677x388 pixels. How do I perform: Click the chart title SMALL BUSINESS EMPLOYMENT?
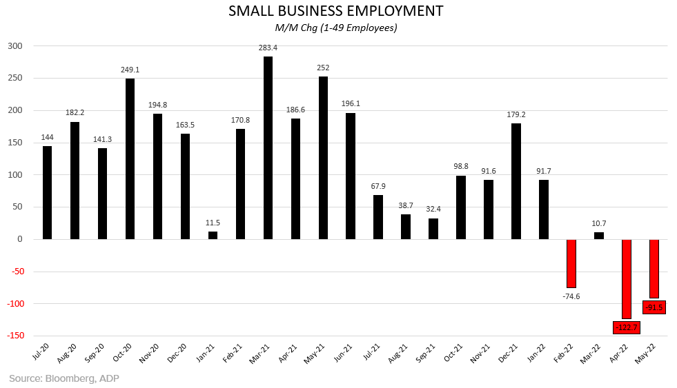pyautogui.click(x=337, y=12)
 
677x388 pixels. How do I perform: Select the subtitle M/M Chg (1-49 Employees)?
pyautogui.click(x=337, y=28)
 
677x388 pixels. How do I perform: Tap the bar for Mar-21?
pyautogui.click(x=268, y=147)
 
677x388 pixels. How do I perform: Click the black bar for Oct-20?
pyautogui.click(x=130, y=159)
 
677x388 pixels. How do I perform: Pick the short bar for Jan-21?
pyautogui.click(x=213, y=235)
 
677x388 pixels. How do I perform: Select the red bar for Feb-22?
pyautogui.click(x=571, y=263)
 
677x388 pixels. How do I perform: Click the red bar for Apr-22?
pyautogui.click(x=627, y=278)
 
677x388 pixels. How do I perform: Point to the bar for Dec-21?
pyautogui.click(x=516, y=181)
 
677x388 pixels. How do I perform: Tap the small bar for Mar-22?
pyautogui.click(x=599, y=236)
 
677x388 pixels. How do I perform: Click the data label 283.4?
pyautogui.click(x=268, y=48)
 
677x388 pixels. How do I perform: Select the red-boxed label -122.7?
pyautogui.click(x=627, y=327)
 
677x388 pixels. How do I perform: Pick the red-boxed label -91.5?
pyautogui.click(x=654, y=307)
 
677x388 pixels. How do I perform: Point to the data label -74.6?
pyautogui.click(x=571, y=296)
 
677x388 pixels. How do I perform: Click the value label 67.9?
pyautogui.click(x=378, y=186)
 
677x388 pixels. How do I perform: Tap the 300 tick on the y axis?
pyautogui.click(x=15, y=46)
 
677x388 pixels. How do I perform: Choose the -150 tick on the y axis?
pyautogui.click(x=13, y=336)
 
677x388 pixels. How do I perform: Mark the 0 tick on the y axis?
pyautogui.click(x=21, y=239)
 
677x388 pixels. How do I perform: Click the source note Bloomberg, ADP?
pyautogui.click(x=59, y=378)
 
